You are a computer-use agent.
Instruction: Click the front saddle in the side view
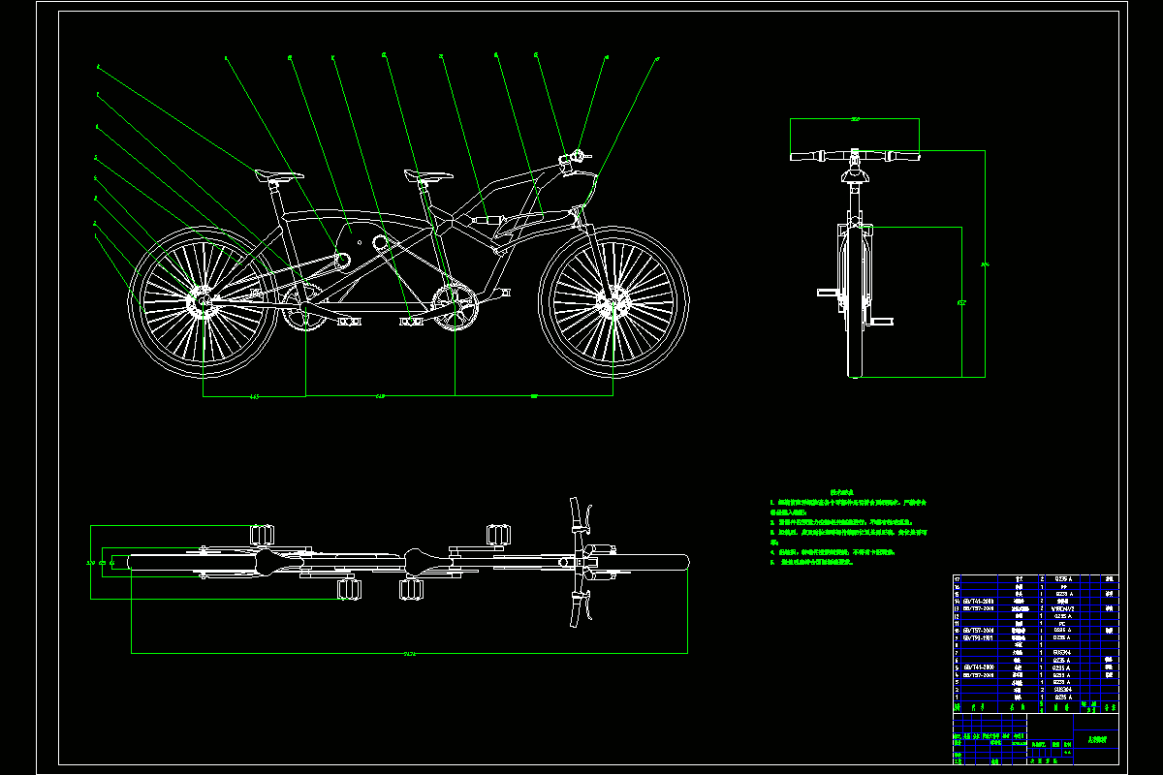(x=428, y=175)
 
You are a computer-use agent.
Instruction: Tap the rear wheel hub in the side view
(x=203, y=306)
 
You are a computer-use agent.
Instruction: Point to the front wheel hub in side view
(x=613, y=306)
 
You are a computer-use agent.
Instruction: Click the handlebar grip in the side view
(x=578, y=155)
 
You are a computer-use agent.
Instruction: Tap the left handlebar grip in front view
(x=805, y=155)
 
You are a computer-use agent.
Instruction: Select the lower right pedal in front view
(x=882, y=321)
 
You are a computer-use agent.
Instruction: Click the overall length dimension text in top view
(x=409, y=654)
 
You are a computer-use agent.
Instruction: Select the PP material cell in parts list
(x=1063, y=586)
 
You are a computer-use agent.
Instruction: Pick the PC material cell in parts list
(x=1063, y=623)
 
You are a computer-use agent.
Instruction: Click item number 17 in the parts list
(x=959, y=578)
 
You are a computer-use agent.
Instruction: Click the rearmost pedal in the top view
(x=263, y=533)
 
